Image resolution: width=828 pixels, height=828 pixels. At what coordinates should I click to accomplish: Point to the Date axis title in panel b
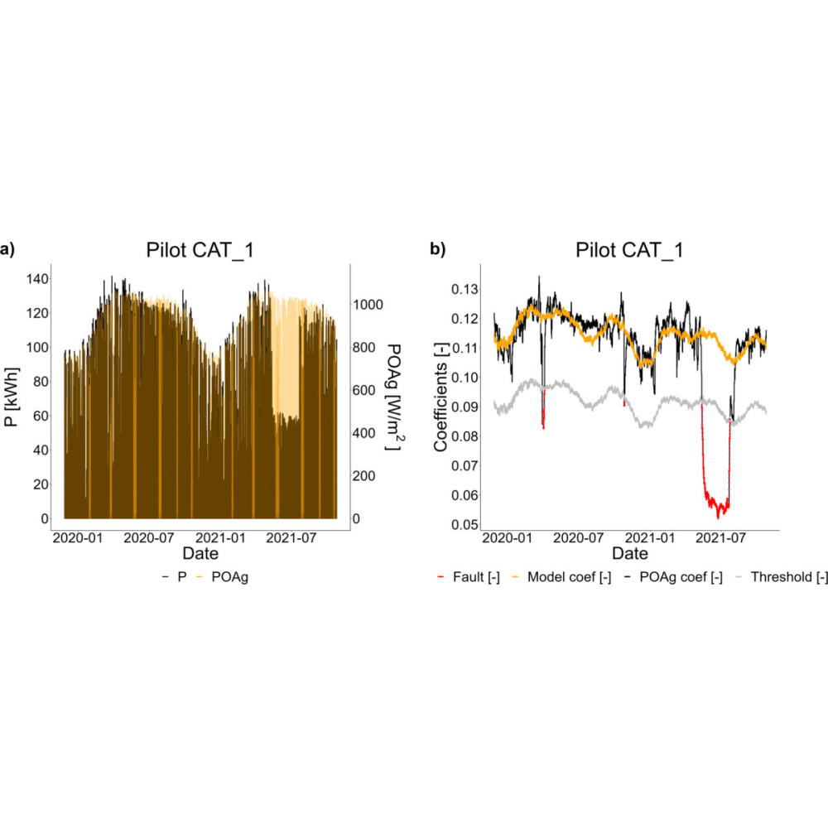pyautogui.click(x=630, y=553)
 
